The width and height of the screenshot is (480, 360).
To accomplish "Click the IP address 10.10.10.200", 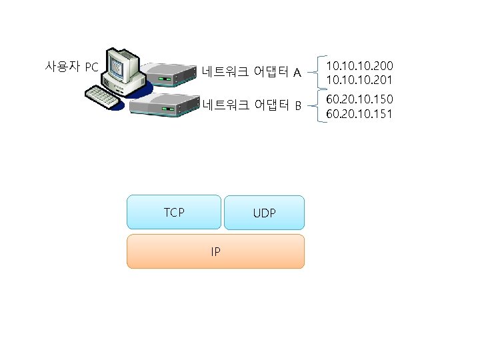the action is pos(359,65).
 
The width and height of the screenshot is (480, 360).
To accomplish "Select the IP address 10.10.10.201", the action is pos(359,80).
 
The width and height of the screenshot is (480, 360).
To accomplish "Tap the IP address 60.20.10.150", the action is pos(359,99).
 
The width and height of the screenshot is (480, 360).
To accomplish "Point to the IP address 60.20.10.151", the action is pos(359,114).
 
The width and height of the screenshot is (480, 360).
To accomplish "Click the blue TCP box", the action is pos(174,213).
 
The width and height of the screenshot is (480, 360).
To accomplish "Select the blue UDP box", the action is pos(264,213).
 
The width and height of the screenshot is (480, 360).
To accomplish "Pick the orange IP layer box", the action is pos(215,251).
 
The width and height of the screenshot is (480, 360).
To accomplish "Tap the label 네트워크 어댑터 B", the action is pos(251,105).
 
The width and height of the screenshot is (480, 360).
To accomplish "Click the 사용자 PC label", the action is pos(71,67).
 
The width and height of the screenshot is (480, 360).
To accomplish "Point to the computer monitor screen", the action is pos(118,67).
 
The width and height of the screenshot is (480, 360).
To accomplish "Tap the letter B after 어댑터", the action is pos(298,105).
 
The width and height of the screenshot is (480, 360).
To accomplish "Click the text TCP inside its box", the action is pos(174,213).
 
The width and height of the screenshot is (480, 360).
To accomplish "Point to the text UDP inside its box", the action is pos(265,214).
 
